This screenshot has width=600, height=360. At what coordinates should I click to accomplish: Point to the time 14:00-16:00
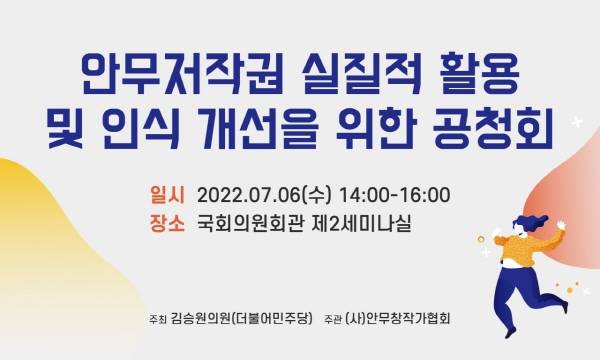pyautogui.click(x=394, y=193)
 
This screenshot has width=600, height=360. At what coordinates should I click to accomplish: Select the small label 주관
pyautogui.click(x=333, y=320)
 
